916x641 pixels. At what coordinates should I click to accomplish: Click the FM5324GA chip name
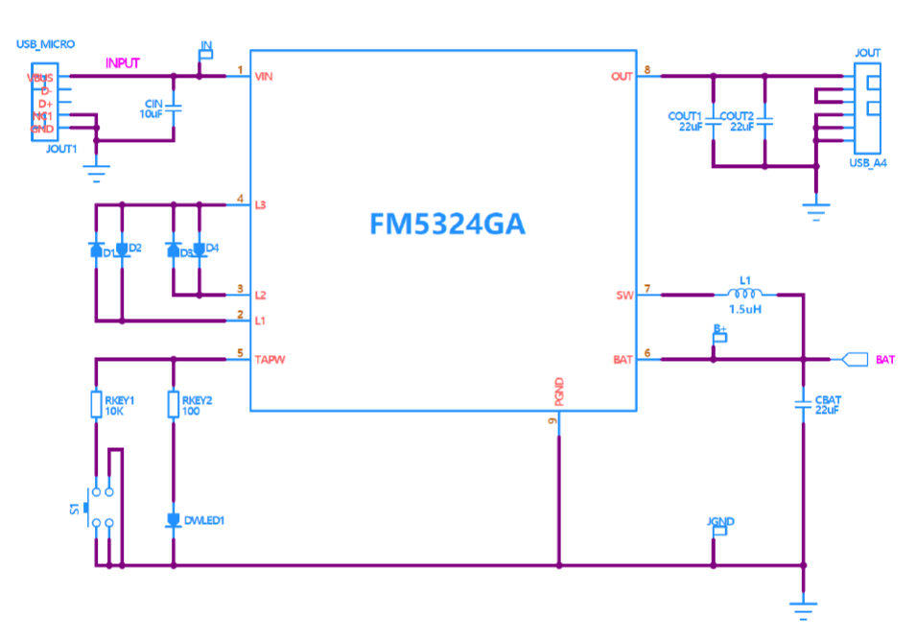447,225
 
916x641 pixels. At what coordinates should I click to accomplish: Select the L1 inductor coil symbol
742,294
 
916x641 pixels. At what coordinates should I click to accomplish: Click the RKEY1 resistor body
96,404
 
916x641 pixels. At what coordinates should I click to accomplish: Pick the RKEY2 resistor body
174,404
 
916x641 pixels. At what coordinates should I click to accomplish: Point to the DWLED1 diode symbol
174,520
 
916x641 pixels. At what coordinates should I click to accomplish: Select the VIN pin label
266,76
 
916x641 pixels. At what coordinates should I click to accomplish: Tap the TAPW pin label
270,360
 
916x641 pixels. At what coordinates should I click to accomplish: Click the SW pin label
624,296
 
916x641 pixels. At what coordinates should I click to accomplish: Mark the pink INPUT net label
123,63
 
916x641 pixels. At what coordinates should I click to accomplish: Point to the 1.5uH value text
745,310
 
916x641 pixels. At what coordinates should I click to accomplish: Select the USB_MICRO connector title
45,44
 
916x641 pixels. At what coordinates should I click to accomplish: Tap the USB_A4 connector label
868,163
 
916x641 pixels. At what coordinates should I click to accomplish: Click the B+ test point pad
720,337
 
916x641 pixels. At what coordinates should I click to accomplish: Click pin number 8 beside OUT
647,70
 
